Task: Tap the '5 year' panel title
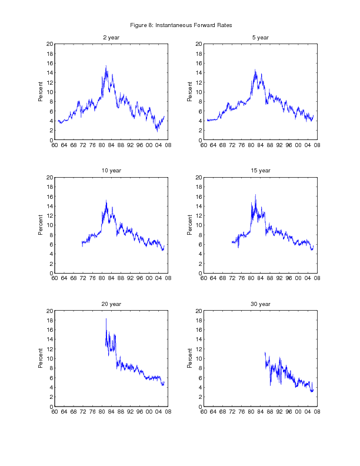coord(260,38)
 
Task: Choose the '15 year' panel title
coord(260,171)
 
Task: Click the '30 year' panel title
coord(260,304)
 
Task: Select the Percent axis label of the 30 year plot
coord(190,358)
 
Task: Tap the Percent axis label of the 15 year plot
coord(190,225)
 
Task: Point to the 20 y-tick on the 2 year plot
coord(50,44)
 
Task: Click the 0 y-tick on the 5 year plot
coord(201,140)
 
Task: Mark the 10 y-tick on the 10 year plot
coord(50,225)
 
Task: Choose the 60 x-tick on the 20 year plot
coord(55,412)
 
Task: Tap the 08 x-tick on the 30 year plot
coord(316,412)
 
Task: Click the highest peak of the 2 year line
coord(106,66)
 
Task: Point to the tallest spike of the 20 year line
coord(106,319)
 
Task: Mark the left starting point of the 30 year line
coord(265,353)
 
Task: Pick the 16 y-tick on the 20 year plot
coord(50,329)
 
